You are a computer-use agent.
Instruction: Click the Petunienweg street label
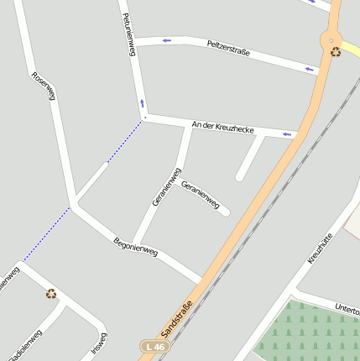pyautogui.click(x=128, y=34)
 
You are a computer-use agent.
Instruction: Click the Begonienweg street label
pyautogui.click(x=136, y=246)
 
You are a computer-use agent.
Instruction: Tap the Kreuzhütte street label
pyautogui.click(x=322, y=249)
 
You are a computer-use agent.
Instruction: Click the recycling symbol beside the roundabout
pyautogui.click(x=336, y=52)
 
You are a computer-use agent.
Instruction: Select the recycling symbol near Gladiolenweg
pyautogui.click(x=51, y=293)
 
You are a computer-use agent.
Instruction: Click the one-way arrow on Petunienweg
pyautogui.click(x=142, y=103)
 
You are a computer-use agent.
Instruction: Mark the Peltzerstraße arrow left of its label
pyautogui.click(x=167, y=39)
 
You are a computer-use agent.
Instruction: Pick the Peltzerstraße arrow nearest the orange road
pyautogui.click(x=309, y=69)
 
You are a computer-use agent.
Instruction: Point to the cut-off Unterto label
pyautogui.click(x=347, y=310)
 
